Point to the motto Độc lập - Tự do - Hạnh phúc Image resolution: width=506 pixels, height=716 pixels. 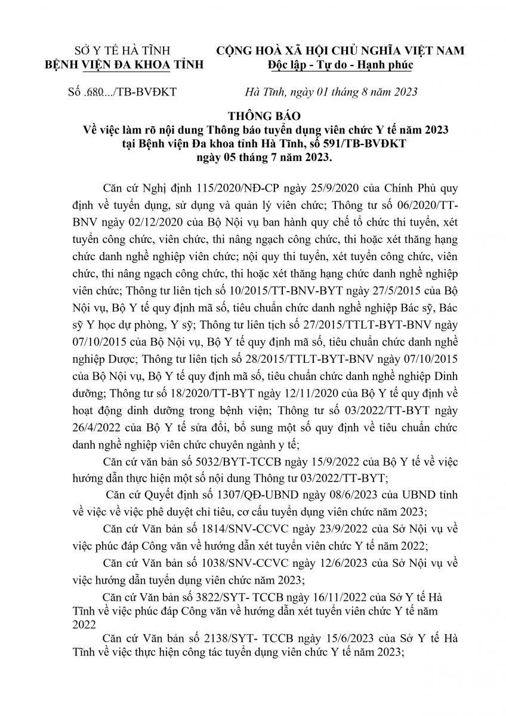pos(340,65)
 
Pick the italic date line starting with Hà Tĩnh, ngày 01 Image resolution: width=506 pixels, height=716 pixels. pos(332,92)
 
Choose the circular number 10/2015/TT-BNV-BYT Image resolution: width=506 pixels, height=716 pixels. pos(287,290)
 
